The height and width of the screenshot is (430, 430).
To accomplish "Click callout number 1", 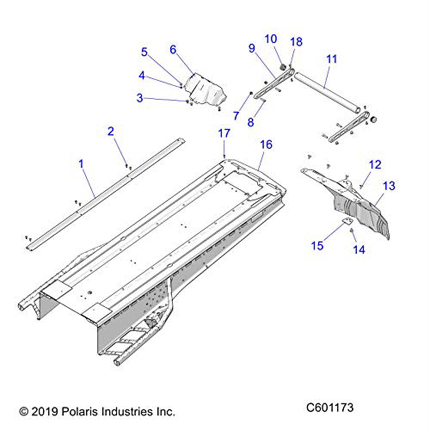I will point(81,163).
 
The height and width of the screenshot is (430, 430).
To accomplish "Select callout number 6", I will point(173,49).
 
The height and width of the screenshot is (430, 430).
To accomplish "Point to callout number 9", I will point(252,49).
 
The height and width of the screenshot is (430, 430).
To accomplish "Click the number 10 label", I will point(270,39).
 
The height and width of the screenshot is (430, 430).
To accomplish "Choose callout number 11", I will point(332,59).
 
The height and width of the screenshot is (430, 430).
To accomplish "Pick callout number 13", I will point(389,186).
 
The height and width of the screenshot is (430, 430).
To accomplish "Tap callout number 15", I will point(317,246).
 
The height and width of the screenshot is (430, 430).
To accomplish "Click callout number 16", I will point(266,144).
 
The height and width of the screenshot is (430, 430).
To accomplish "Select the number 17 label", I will point(224,133).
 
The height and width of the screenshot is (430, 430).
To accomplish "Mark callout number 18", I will point(296,42).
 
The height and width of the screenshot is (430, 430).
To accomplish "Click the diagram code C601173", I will point(330,407).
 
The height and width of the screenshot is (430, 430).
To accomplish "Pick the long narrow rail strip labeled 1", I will point(103,193).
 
